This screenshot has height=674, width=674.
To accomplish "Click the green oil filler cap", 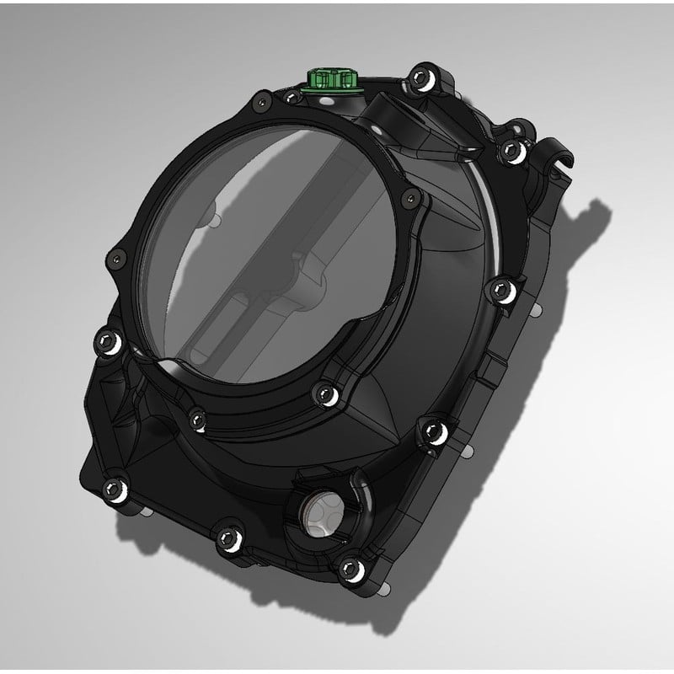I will [x=330, y=81].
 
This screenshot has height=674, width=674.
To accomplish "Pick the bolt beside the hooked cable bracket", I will [x=511, y=150].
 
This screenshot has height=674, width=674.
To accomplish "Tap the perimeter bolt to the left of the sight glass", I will [x=226, y=538].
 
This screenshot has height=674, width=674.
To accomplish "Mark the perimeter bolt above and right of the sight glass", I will [x=435, y=431].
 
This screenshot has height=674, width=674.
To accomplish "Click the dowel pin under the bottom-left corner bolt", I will [x=147, y=511].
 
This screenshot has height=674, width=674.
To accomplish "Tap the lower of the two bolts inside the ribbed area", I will [x=197, y=415].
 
